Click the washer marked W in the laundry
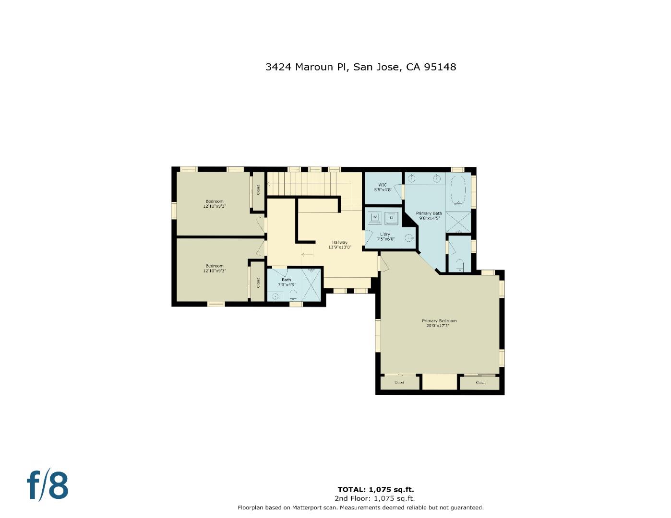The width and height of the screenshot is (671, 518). pos(375,218)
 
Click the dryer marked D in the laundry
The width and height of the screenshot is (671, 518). pos(391,218)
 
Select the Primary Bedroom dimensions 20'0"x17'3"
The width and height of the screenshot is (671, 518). pos(439,326)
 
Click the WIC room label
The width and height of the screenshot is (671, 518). pos(383,185)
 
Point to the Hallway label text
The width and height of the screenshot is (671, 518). pos(340,242)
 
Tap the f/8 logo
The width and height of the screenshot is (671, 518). pos(47,485)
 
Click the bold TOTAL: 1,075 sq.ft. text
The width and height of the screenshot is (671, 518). pos(376,490)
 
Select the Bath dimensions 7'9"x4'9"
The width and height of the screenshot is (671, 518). pos(287,285)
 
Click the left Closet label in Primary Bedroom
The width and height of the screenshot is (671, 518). pos(399,383)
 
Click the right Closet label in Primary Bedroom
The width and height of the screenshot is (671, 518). pos(480,383)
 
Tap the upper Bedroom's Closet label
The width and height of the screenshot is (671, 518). pos(258,190)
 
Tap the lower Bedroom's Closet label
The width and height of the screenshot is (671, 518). pos(258,283)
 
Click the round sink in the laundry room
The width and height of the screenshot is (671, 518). pos(408,237)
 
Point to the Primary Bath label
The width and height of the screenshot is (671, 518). pos(429,213)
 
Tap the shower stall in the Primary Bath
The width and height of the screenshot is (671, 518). pos(458,222)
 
